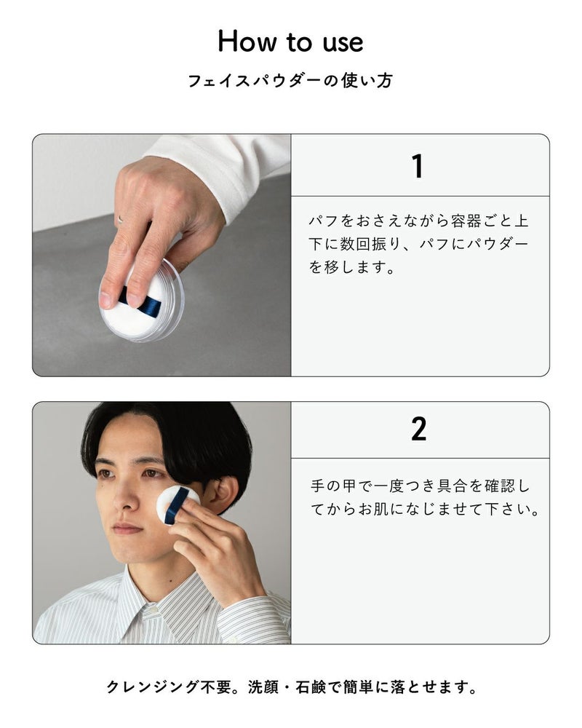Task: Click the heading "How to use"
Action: coord(290,41)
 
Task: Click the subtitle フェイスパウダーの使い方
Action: coord(290,81)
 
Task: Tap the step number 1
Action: coord(418,165)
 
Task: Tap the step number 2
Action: coord(418,430)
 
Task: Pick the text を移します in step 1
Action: coord(352,268)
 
